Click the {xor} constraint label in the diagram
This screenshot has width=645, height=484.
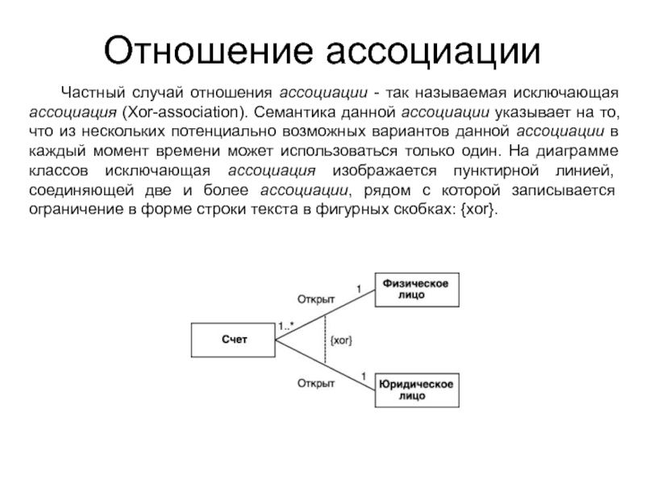pos(341,340)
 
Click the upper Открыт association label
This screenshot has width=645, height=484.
pos(317,298)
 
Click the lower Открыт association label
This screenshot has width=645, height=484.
pos(317,383)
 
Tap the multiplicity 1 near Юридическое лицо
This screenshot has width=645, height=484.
pos(363,375)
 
